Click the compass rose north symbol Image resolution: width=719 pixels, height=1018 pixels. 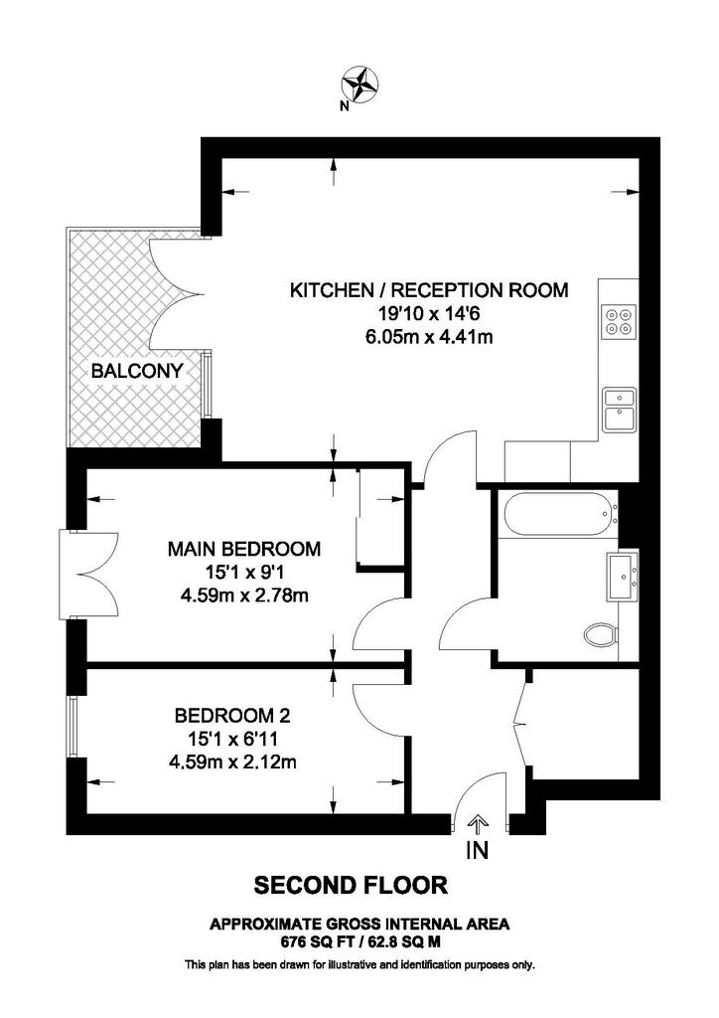click(359, 84)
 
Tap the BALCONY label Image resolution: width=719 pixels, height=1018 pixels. click(137, 372)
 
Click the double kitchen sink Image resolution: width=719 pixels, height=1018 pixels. click(619, 410)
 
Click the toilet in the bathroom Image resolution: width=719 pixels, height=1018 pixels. click(601, 634)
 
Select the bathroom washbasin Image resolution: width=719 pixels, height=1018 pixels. click(623, 576)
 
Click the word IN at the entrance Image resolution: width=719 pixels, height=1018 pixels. click(477, 851)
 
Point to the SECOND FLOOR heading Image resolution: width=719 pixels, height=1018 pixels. click(351, 885)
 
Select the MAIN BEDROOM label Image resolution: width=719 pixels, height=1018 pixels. click(244, 549)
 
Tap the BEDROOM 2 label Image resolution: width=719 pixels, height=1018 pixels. click(232, 716)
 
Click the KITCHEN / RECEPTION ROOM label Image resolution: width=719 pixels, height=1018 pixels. click(429, 289)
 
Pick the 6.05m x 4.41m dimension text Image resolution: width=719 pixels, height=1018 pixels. click(429, 336)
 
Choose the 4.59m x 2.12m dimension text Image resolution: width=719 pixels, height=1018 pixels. click(232, 761)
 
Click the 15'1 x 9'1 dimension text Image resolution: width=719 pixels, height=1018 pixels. click(244, 572)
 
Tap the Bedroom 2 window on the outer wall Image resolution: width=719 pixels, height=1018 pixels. click(73, 727)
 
